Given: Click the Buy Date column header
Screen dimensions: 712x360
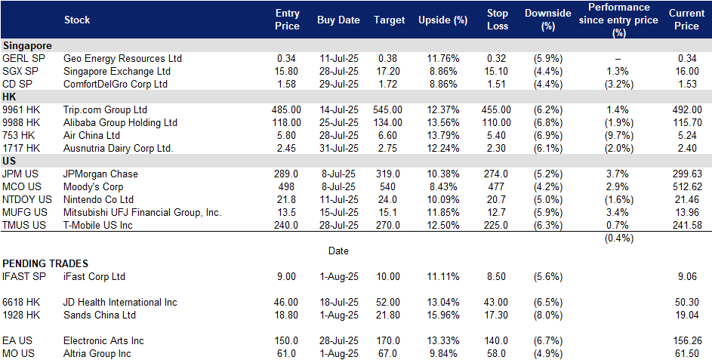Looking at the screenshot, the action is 338,20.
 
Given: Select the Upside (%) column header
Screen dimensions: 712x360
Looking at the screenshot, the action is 442,20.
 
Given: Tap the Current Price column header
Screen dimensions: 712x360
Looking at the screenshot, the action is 686,20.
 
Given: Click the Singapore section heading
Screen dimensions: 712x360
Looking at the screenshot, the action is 27,46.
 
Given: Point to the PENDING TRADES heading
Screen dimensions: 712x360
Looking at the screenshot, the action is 45,263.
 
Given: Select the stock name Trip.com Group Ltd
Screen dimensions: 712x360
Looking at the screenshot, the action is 106,110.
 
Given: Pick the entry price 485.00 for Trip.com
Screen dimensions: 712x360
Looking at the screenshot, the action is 286,110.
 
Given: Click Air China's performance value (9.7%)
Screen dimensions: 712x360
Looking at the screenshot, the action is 618,135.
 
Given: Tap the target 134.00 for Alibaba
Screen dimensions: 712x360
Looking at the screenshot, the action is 387,122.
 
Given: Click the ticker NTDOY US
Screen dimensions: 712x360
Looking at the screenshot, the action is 27,200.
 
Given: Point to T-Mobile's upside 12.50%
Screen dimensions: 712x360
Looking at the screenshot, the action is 442,225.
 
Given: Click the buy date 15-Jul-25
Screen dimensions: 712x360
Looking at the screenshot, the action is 338,213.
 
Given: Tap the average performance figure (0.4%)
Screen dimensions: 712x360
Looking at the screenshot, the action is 618,238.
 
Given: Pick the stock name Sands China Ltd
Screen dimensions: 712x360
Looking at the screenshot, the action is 100,315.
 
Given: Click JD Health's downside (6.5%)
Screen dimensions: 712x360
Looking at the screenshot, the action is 548,303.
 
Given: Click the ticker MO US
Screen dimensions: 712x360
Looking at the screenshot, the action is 19,354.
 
